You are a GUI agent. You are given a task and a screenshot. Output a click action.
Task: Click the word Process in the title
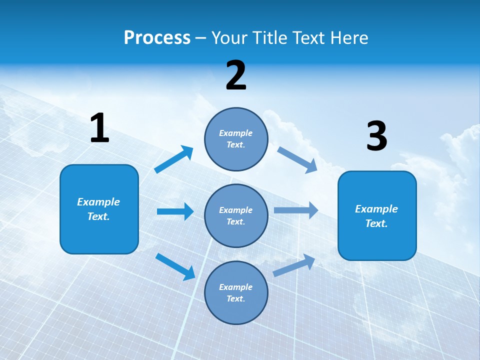(157, 38)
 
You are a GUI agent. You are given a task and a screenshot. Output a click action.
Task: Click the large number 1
(99, 128)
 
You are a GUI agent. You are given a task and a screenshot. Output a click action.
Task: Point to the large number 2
(236, 75)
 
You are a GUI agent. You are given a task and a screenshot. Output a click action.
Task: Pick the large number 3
(376, 136)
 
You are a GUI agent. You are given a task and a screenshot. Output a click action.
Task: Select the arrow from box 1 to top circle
(174, 159)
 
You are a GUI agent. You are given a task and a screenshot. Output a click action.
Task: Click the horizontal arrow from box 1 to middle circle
(175, 211)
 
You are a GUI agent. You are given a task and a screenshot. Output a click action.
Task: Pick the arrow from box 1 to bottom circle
(175, 266)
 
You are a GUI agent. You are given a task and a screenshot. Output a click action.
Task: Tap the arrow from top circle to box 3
(297, 160)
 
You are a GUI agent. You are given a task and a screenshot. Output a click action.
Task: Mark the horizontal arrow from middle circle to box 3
(296, 210)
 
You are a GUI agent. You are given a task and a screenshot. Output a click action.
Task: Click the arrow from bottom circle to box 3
(294, 265)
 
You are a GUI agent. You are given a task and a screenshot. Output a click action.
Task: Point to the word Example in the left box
(98, 202)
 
